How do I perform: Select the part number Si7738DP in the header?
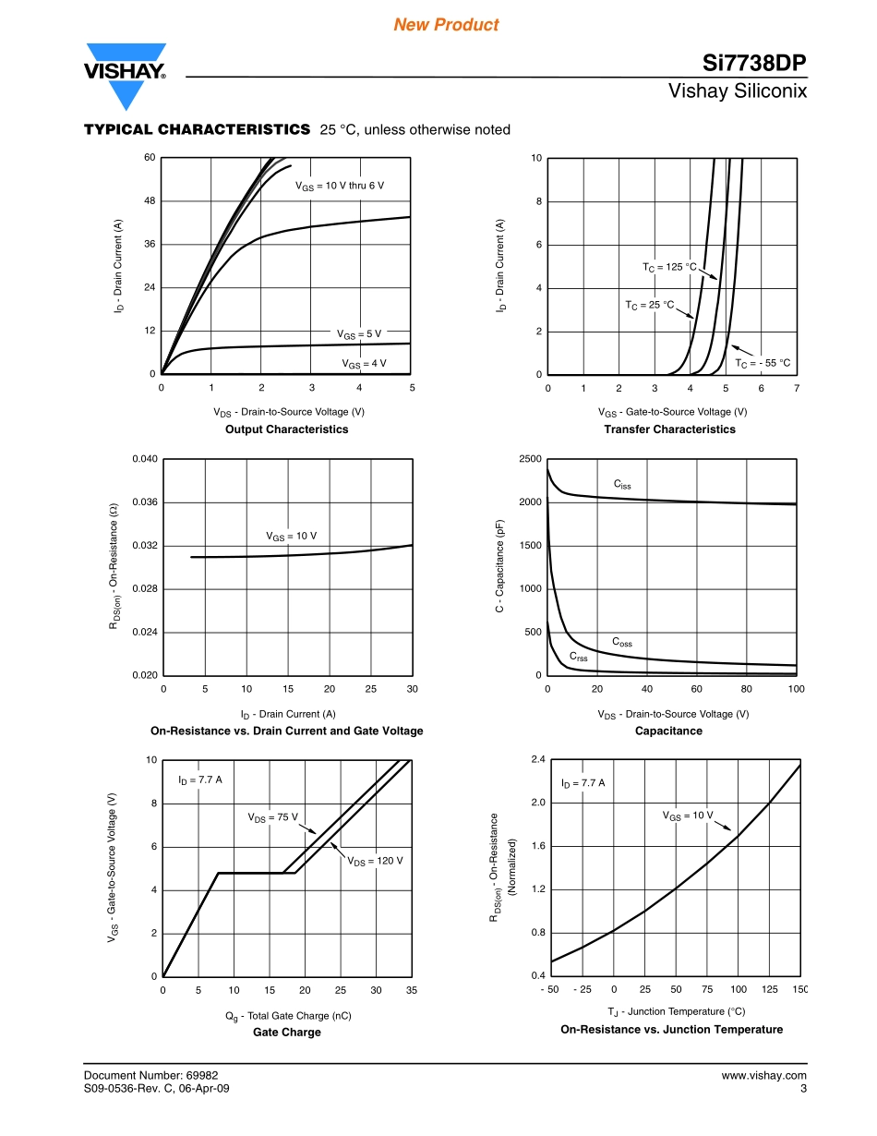754,63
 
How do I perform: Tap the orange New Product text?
446,25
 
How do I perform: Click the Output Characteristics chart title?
286,429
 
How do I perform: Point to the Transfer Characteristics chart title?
669,429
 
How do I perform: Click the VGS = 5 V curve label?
358,333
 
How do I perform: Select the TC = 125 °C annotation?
669,267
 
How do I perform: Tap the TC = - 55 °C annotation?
763,363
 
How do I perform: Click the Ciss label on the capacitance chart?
622,484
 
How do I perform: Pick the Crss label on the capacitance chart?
578,658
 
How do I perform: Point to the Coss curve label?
622,642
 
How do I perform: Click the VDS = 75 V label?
272,817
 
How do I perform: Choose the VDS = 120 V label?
375,861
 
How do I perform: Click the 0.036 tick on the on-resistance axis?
145,502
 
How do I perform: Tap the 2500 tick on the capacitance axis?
529,459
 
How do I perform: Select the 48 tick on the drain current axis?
149,201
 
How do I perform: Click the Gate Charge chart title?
286,1033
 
